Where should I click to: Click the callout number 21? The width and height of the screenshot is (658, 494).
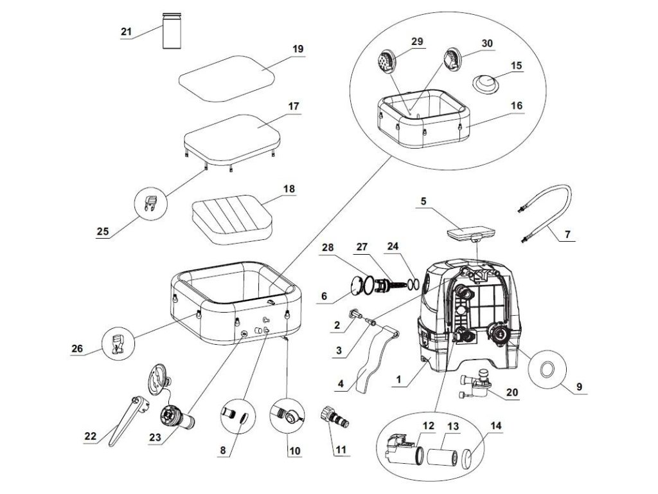click(125, 31)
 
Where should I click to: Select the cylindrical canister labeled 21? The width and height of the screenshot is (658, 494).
click(172, 31)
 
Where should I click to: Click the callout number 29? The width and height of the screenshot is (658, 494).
click(418, 41)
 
